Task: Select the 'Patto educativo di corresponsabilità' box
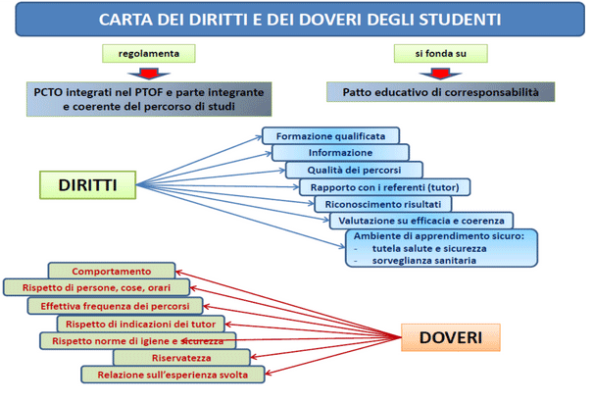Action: [441, 92]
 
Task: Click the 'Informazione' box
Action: [340, 153]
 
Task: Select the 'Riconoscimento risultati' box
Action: [382, 203]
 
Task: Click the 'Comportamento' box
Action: [112, 271]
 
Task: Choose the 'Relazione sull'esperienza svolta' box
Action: [173, 375]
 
